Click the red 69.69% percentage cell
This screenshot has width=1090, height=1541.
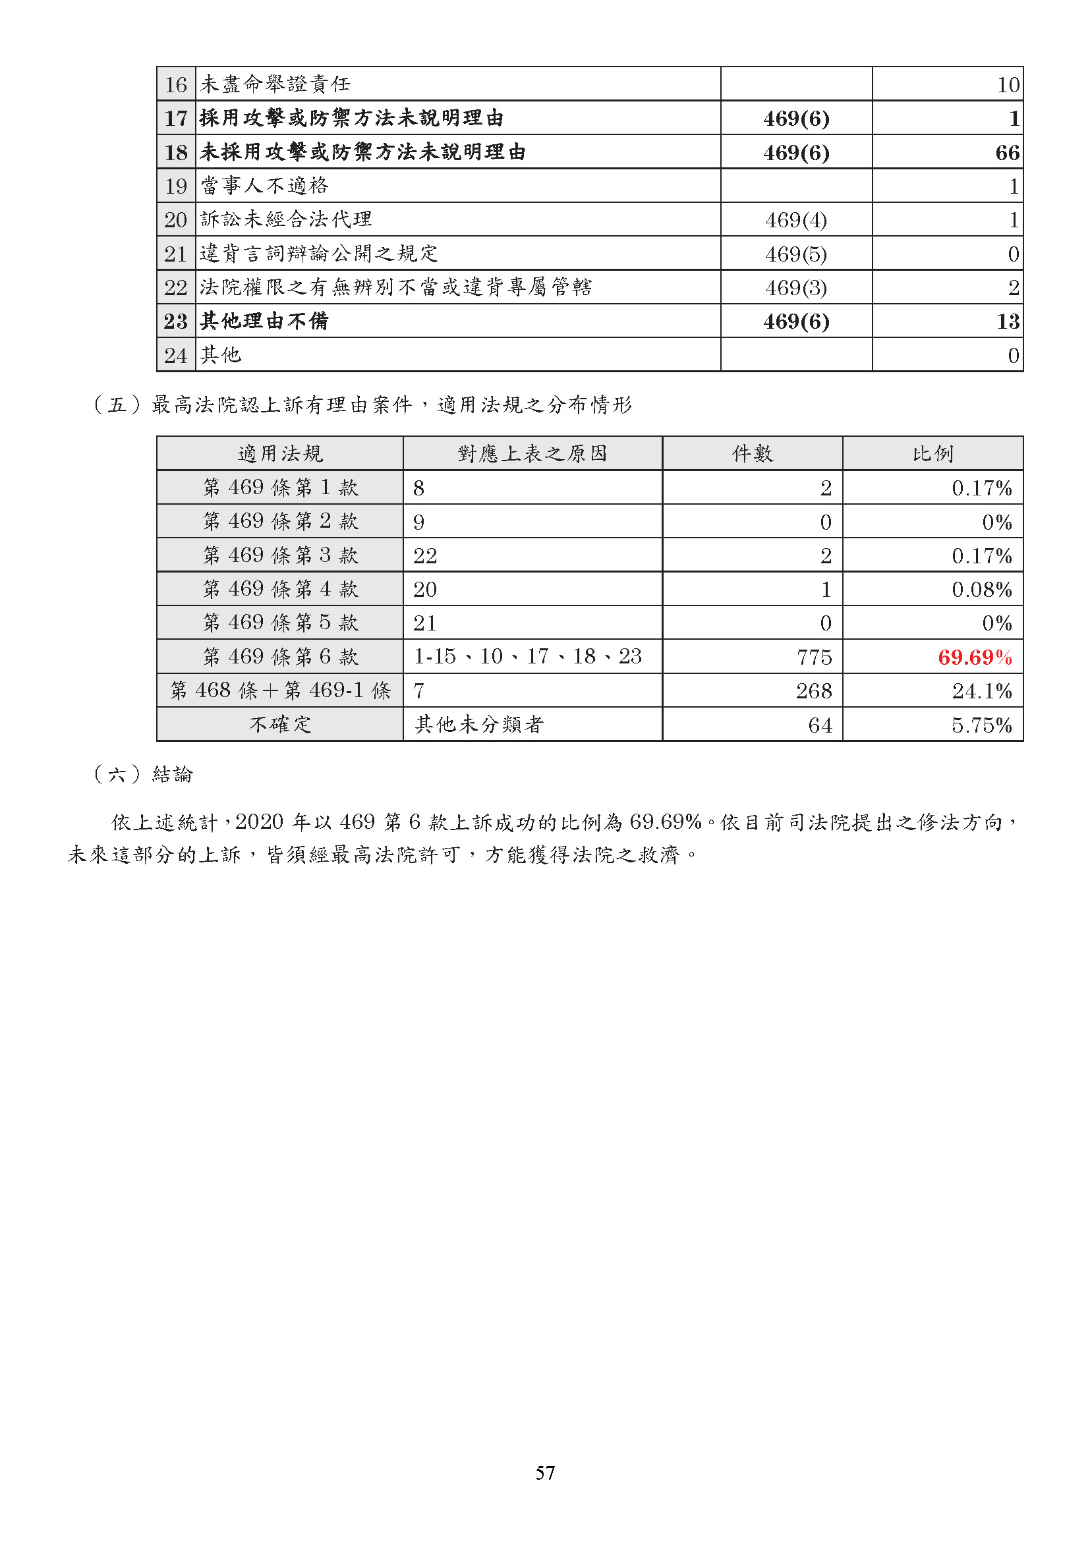click(974, 657)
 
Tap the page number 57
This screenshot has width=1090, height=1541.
click(545, 1472)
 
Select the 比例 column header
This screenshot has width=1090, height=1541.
click(932, 454)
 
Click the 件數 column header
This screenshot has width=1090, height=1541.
click(752, 454)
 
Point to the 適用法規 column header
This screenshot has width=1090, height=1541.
click(280, 454)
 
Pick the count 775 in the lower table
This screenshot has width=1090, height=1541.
click(814, 657)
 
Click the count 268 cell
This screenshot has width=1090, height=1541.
click(813, 690)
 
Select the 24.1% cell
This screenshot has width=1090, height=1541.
click(981, 690)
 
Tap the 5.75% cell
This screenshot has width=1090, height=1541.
click(981, 725)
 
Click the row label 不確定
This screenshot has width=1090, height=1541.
click(280, 725)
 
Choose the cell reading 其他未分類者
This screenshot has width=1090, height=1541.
click(478, 725)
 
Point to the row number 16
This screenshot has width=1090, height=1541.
click(176, 84)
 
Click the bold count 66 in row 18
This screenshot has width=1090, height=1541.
click(1007, 152)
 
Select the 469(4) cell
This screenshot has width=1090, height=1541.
click(796, 219)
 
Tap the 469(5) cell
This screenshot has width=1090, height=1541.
click(796, 254)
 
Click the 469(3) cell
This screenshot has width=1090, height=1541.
click(796, 287)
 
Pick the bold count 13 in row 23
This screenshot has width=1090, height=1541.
click(1007, 321)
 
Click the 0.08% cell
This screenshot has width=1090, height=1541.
click(981, 589)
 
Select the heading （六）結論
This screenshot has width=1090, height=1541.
click(143, 775)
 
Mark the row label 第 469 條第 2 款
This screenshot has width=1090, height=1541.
click(280, 522)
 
